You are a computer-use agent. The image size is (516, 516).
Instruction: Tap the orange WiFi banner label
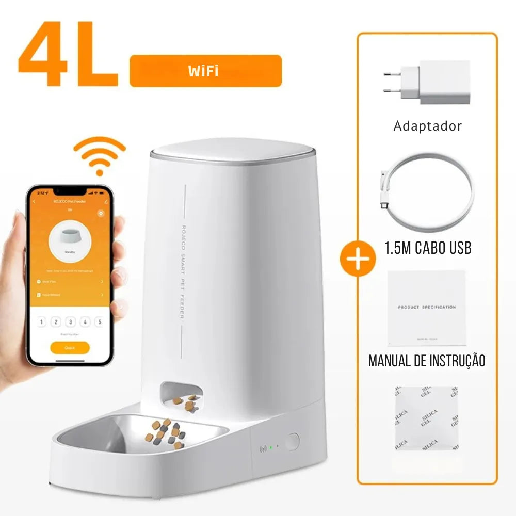(205, 71)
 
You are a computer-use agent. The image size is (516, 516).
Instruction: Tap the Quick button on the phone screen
(70, 347)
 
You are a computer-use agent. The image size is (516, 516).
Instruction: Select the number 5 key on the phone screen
(99, 322)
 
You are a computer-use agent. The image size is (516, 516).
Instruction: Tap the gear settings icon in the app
(101, 213)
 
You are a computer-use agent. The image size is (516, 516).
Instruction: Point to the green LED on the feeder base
(270, 447)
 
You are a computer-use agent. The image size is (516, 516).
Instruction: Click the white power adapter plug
(428, 83)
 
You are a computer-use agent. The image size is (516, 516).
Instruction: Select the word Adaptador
(428, 125)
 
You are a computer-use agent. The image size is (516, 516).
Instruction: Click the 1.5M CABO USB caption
(428, 248)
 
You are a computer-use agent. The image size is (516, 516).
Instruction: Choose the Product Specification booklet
(427, 308)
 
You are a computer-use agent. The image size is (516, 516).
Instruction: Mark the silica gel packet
(427, 419)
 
